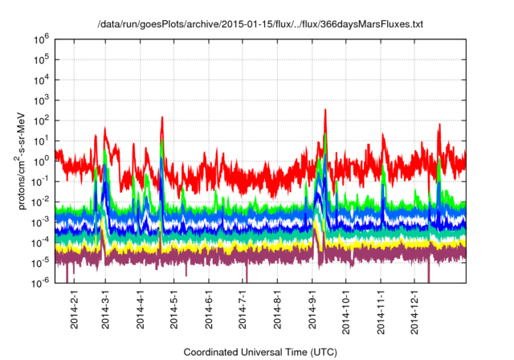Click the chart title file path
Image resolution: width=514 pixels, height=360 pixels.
[259, 24]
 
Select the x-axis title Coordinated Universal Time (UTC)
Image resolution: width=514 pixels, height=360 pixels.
[259, 352]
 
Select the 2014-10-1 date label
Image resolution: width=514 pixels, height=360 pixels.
[346, 312]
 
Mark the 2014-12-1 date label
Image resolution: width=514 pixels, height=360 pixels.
[415, 312]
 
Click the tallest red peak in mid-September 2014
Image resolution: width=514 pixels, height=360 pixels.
[325, 110]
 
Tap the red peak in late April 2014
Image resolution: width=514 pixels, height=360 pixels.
[162, 118]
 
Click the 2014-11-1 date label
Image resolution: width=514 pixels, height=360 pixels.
[381, 312]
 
